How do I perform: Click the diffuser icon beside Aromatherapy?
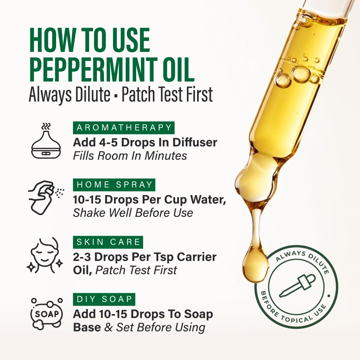coord(46,141)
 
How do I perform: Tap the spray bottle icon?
coord(46,197)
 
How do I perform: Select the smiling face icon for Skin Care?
coord(45,255)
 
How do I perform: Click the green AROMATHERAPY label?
coord(124,128)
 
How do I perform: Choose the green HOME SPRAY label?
coord(114,185)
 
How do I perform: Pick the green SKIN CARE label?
coord(108,242)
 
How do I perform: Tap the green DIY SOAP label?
coord(104,299)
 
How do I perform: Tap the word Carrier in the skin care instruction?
coord(196,257)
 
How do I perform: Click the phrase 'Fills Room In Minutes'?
coord(130,156)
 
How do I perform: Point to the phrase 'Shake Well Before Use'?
coord(133,213)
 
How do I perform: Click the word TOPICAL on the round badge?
coord(297,319)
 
